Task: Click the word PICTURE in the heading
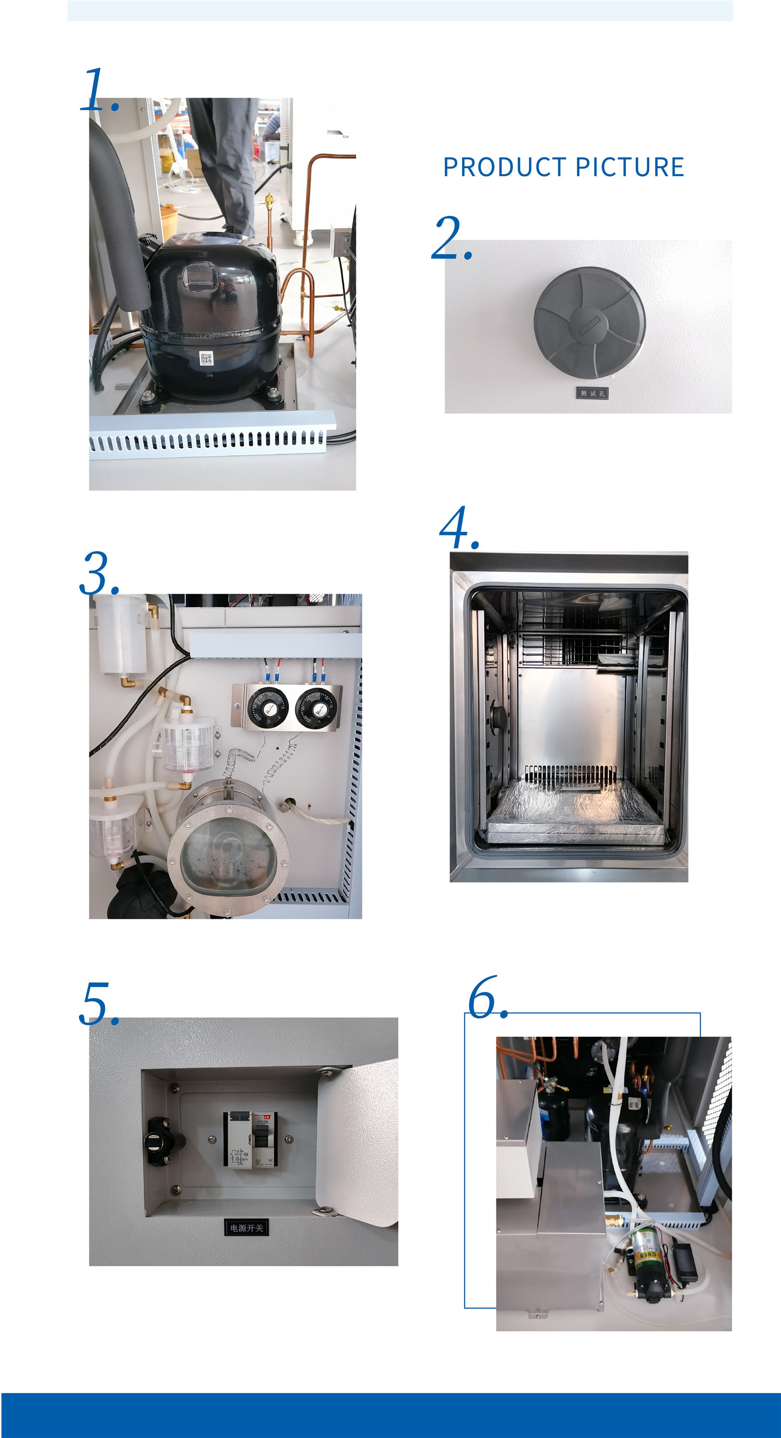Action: (630, 167)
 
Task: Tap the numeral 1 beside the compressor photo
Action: (96, 89)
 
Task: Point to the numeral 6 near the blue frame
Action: (484, 998)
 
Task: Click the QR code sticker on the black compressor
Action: (206, 358)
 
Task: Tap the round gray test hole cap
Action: (589, 323)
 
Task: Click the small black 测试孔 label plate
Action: (592, 393)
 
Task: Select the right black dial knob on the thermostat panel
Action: (316, 708)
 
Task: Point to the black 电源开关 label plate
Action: (246, 1228)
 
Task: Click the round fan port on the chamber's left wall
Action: (496, 715)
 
